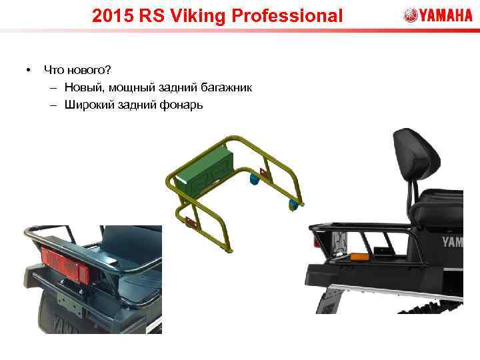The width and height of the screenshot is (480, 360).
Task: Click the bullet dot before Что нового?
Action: (27, 69)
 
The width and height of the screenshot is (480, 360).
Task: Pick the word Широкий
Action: (87, 105)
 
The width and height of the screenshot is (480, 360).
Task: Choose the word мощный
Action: (130, 87)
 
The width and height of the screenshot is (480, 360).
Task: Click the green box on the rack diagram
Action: (203, 166)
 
